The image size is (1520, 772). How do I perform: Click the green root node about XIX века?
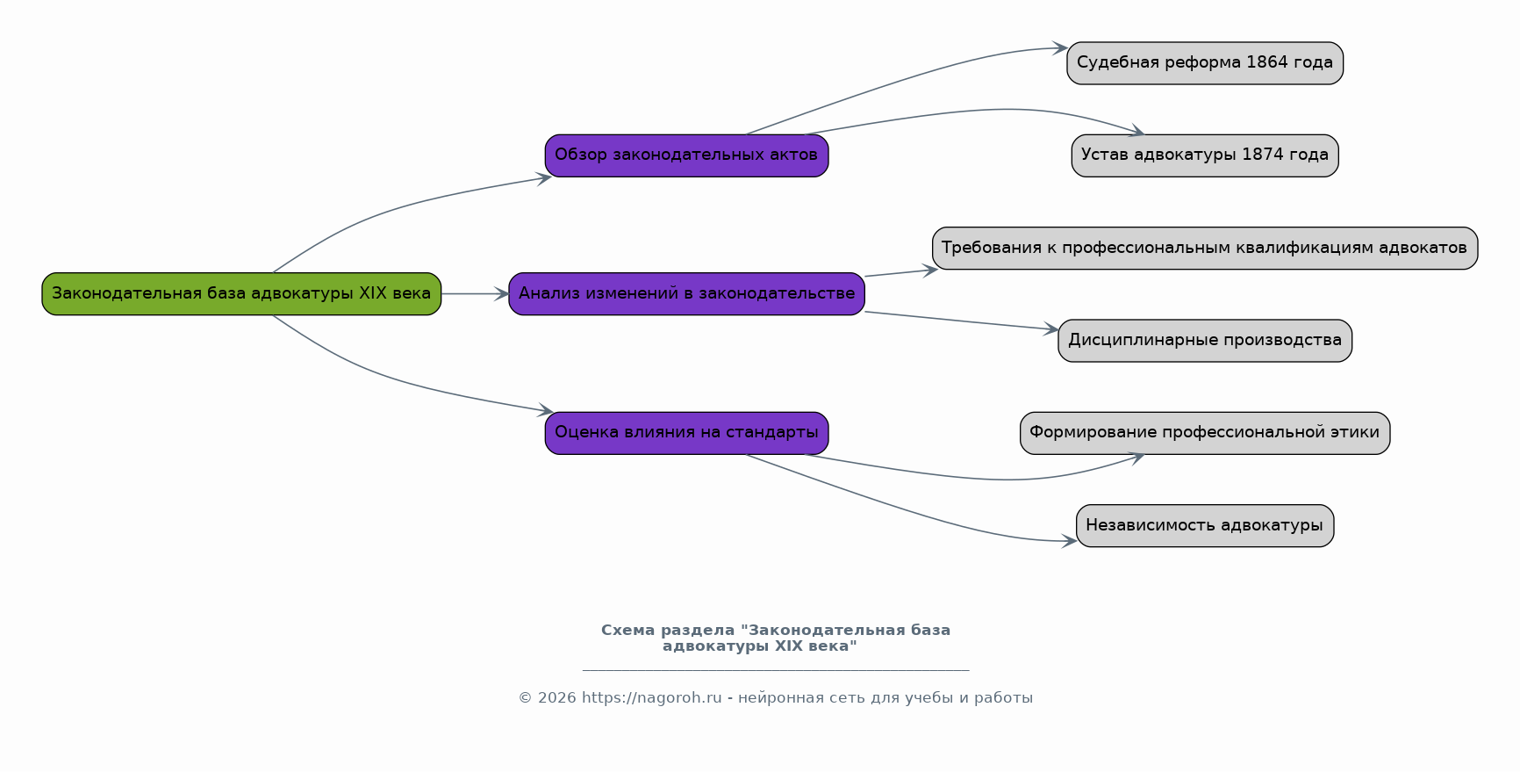pyautogui.click(x=241, y=293)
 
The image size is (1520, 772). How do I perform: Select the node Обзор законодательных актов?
pyautogui.click(x=686, y=155)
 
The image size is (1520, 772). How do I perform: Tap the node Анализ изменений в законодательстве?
pyautogui.click(x=686, y=293)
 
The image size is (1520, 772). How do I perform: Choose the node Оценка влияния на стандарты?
pyautogui.click(x=686, y=433)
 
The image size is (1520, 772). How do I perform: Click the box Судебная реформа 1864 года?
pyautogui.click(x=1205, y=63)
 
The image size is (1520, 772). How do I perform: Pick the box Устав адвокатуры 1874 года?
pyautogui.click(x=1205, y=155)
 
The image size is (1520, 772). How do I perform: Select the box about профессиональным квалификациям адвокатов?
pyautogui.click(x=1205, y=248)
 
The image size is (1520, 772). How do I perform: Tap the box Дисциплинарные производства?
pyautogui.click(x=1205, y=341)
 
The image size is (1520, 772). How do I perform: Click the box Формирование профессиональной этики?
pyautogui.click(x=1205, y=433)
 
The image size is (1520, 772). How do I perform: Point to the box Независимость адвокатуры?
pyautogui.click(x=1205, y=525)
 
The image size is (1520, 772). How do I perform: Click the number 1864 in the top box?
pyautogui.click(x=1267, y=62)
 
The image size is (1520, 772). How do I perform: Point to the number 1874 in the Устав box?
pyautogui.click(x=1263, y=155)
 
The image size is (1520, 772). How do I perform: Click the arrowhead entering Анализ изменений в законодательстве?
pyautogui.click(x=501, y=293)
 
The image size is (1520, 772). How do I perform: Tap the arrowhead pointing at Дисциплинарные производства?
pyautogui.click(x=1050, y=329)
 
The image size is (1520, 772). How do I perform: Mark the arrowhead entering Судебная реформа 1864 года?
pyautogui.click(x=1060, y=47)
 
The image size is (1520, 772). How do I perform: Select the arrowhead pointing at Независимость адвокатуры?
pyautogui.click(x=1069, y=541)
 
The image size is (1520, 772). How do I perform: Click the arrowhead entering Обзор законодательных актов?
pyautogui.click(x=543, y=177)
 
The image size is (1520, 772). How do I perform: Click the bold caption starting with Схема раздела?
pyautogui.click(x=776, y=638)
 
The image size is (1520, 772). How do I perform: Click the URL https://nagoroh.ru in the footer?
pyautogui.click(x=651, y=698)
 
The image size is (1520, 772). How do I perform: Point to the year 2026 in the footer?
pyautogui.click(x=556, y=698)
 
